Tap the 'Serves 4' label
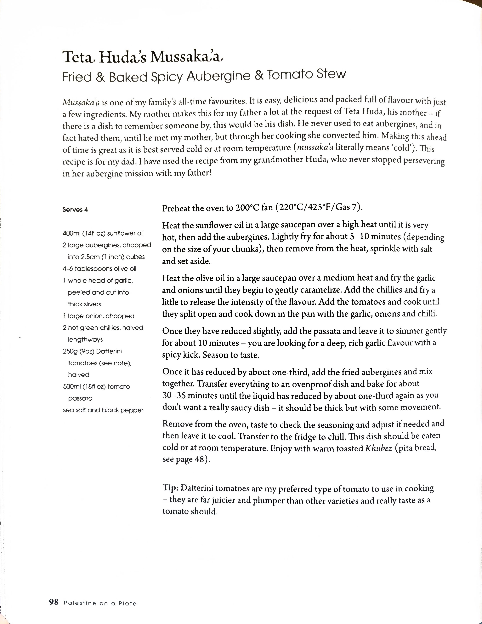click(x=75, y=210)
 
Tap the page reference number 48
click(x=199, y=460)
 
